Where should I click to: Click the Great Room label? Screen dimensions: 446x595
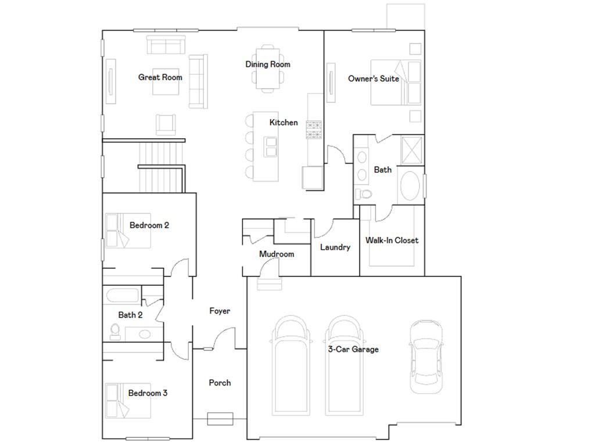pyautogui.click(x=160, y=77)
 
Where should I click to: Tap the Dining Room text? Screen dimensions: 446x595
pyautogui.click(x=267, y=64)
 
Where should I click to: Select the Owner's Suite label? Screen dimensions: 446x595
pyautogui.click(x=373, y=78)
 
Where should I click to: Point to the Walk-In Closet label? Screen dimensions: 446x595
pyautogui.click(x=392, y=240)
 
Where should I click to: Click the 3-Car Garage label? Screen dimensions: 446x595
pyautogui.click(x=353, y=349)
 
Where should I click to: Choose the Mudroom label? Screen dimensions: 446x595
pyautogui.click(x=276, y=254)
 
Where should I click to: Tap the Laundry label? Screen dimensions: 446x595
pyautogui.click(x=335, y=247)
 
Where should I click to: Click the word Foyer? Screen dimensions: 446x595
pyautogui.click(x=220, y=311)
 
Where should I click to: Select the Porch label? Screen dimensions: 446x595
pyautogui.click(x=220, y=383)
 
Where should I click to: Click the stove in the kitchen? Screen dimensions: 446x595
pyautogui.click(x=314, y=129)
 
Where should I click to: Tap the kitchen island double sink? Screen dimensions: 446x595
pyautogui.click(x=271, y=146)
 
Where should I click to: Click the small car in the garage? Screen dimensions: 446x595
pyautogui.click(x=425, y=356)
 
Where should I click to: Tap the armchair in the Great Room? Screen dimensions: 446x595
pyautogui.click(x=166, y=124)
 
